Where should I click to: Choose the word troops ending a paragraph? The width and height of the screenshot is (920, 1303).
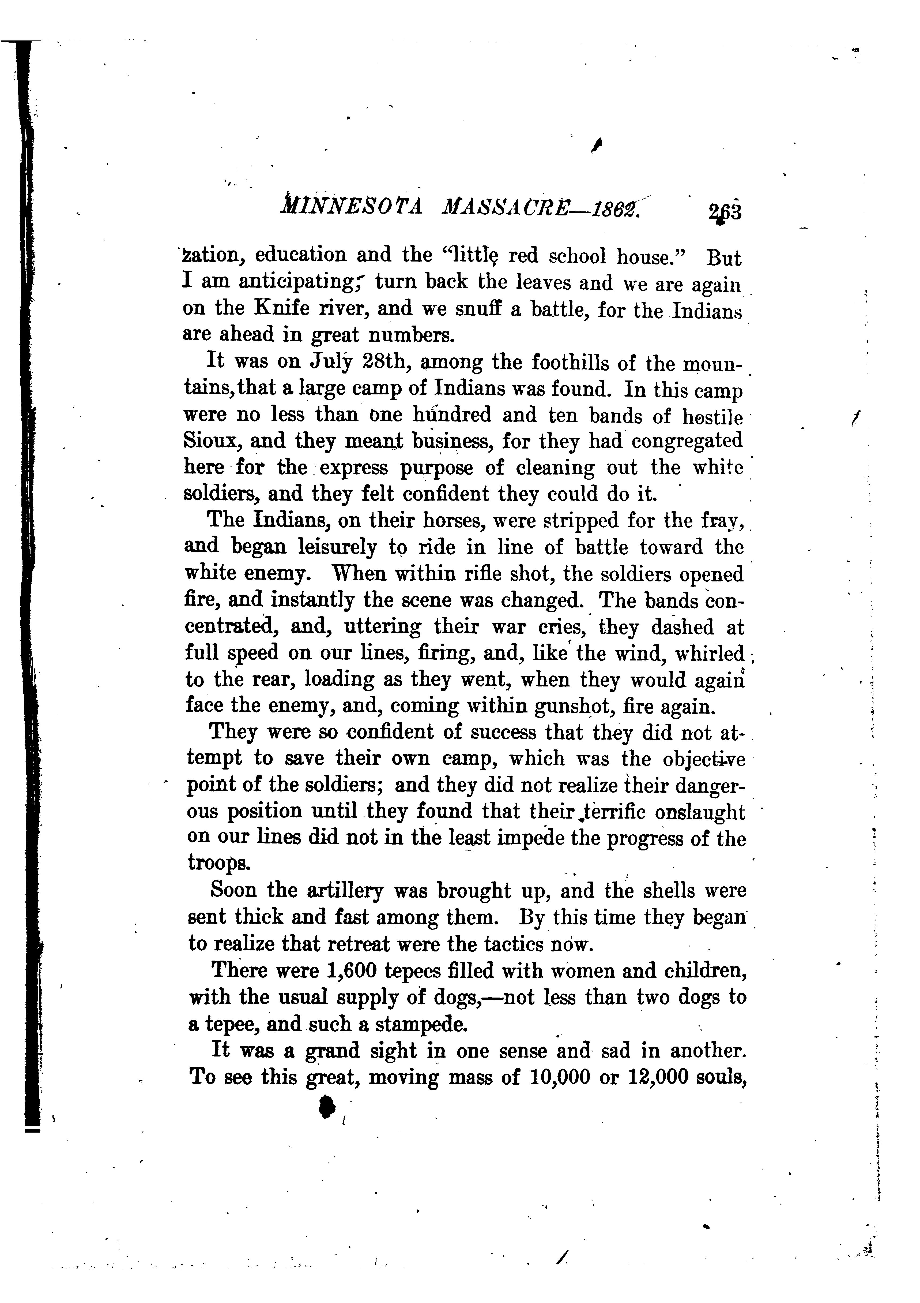tap(218, 863)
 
